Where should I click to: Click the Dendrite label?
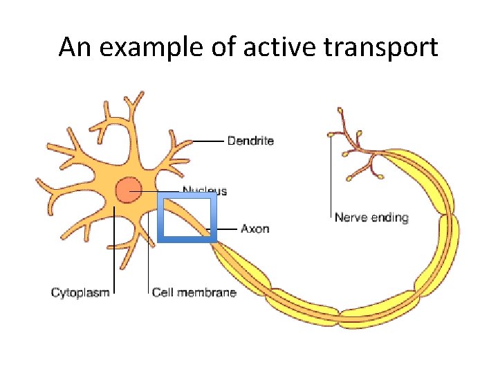coord(251,141)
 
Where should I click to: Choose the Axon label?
coord(255,228)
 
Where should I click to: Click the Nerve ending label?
coord(371,217)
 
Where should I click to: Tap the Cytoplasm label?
coord(80,292)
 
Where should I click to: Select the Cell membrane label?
coord(194,292)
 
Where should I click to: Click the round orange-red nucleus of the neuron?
coord(128,189)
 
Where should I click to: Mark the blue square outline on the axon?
coord(160,217)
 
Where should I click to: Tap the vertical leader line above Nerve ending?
coord(331,173)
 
